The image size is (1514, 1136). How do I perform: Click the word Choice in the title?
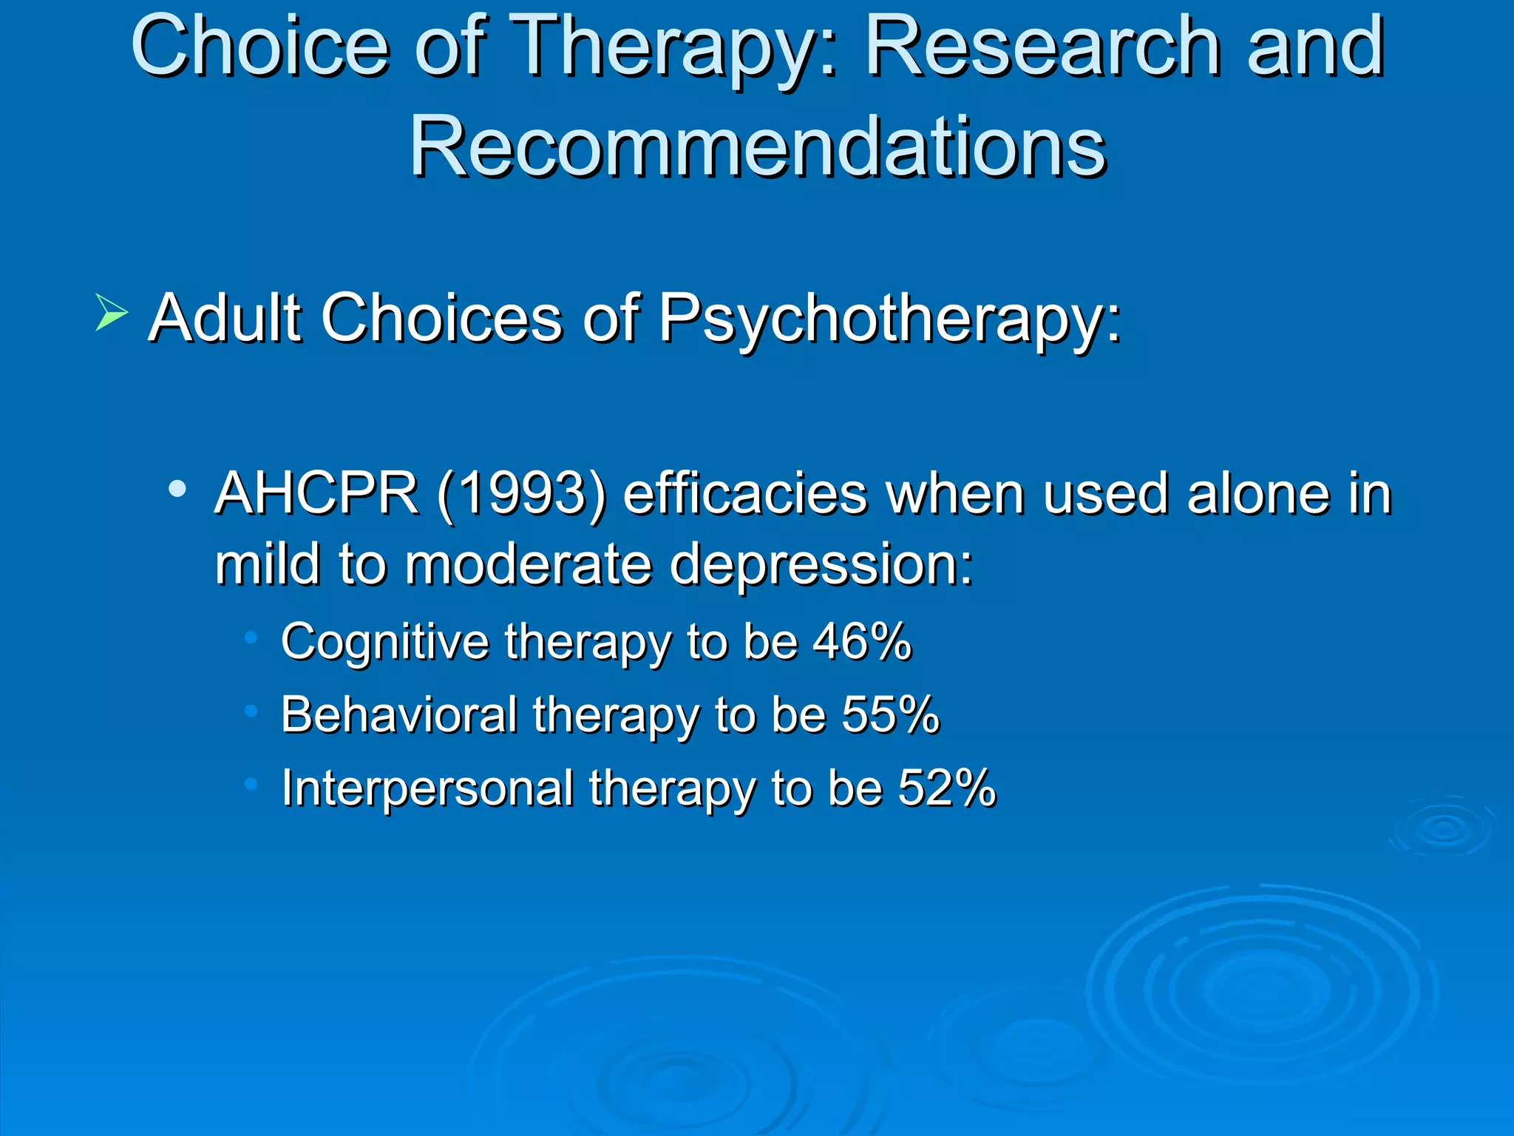(x=259, y=47)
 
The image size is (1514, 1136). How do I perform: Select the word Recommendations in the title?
(x=757, y=146)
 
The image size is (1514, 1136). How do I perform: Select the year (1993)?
(x=521, y=494)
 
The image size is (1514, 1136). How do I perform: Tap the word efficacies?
(x=744, y=493)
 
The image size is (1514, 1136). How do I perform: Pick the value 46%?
(x=862, y=640)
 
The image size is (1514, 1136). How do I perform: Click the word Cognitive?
(x=384, y=642)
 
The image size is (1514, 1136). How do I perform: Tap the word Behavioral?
(x=399, y=714)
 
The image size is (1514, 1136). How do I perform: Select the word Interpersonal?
(x=427, y=788)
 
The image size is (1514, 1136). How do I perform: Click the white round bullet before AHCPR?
(x=177, y=489)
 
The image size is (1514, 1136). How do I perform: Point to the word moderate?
(x=528, y=564)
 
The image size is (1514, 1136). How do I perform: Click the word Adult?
(x=225, y=318)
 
